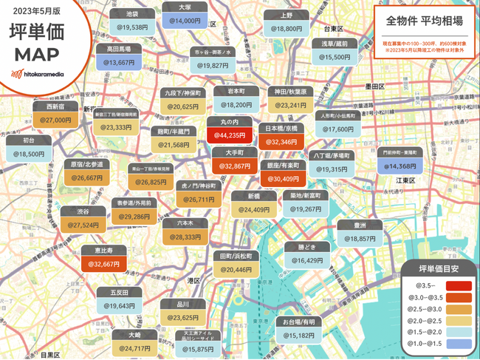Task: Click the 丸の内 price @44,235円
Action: tap(229, 136)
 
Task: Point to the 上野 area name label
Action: tap(287, 14)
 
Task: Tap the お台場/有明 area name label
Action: tap(298, 322)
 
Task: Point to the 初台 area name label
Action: tap(30, 140)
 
